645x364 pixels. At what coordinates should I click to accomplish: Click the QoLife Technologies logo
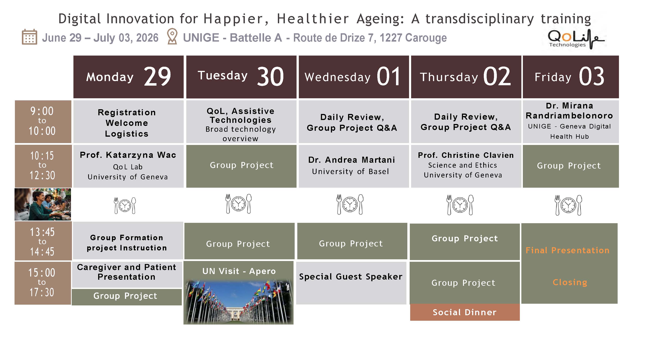click(576, 39)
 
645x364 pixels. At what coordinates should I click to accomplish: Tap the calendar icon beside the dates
click(30, 37)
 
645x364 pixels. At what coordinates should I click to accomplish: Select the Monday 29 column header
click(128, 77)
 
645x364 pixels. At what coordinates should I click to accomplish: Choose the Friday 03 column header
click(571, 77)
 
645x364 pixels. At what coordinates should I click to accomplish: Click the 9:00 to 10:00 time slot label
click(43, 122)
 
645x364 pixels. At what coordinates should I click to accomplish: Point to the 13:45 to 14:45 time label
click(43, 241)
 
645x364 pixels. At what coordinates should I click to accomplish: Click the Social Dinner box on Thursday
click(465, 312)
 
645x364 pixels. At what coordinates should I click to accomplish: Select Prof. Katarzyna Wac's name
click(128, 155)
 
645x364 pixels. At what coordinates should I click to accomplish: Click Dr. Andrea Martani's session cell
click(354, 166)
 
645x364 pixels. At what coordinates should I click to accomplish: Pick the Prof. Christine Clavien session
click(466, 166)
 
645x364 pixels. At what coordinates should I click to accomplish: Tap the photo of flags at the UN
click(238, 302)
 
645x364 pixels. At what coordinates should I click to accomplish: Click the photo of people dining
click(43, 204)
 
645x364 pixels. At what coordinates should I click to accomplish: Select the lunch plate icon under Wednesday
click(350, 204)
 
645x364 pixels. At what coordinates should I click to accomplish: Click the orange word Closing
click(570, 283)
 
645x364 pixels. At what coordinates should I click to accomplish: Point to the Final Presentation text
click(567, 250)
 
